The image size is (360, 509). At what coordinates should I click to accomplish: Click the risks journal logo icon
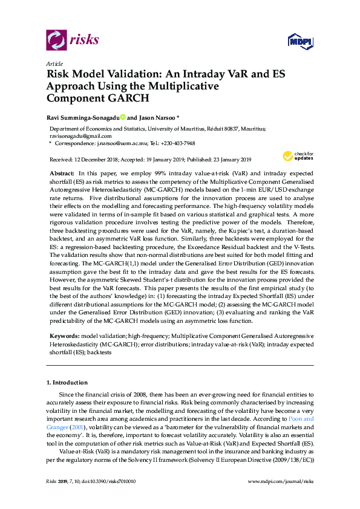(x=56, y=41)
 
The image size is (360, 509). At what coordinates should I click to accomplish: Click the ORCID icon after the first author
(x=123, y=117)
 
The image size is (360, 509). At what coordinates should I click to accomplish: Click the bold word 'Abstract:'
(x=62, y=172)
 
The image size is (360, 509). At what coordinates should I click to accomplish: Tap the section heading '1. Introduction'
(x=67, y=382)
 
